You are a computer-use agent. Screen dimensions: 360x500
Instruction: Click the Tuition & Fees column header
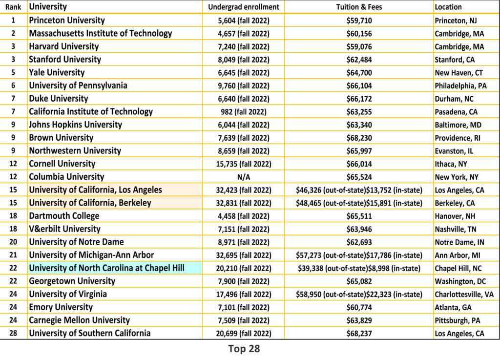click(x=359, y=7)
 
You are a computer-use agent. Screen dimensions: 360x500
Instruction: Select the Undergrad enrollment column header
click(x=244, y=7)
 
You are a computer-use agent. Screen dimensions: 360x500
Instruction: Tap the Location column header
click(x=448, y=7)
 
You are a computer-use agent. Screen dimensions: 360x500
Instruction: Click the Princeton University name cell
click(x=67, y=21)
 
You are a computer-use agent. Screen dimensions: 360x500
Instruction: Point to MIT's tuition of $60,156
click(x=359, y=34)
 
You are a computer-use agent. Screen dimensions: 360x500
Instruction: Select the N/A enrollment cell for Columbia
click(x=244, y=177)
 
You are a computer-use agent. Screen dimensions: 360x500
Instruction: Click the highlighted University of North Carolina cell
click(x=106, y=268)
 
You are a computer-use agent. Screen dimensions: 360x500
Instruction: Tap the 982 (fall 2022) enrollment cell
click(x=244, y=112)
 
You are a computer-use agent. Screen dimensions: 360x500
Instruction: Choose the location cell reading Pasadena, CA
click(x=456, y=112)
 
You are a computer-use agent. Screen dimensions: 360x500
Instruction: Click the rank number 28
click(x=14, y=333)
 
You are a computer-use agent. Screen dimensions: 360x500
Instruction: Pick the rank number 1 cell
click(x=14, y=21)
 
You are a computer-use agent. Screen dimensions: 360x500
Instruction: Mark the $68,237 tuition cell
click(x=359, y=333)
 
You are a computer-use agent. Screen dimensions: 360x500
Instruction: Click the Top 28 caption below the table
click(x=244, y=349)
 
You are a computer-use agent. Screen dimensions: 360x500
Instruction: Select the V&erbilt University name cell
click(x=64, y=229)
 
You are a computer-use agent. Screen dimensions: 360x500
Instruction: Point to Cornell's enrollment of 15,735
click(x=244, y=164)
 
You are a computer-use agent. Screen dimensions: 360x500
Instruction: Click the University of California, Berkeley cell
click(x=90, y=203)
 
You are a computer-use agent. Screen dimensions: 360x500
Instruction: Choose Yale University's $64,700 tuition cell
click(x=359, y=73)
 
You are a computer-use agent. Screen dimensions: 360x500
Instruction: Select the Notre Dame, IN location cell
click(x=459, y=242)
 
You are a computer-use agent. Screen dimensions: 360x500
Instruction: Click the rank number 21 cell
click(x=14, y=255)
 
